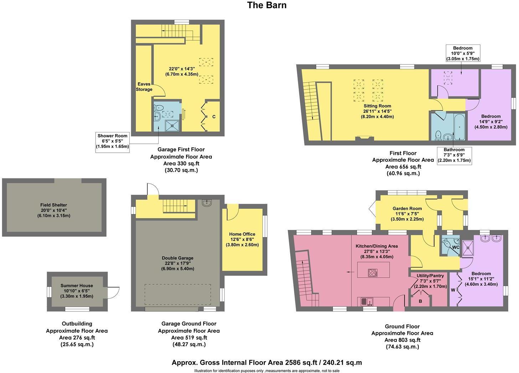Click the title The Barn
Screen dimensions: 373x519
click(x=267, y=5)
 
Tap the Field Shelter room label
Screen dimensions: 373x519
click(x=53, y=205)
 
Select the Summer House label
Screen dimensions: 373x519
click(x=77, y=285)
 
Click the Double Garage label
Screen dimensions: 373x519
click(x=178, y=258)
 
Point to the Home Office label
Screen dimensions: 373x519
click(x=242, y=234)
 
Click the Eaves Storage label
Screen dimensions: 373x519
click(x=144, y=87)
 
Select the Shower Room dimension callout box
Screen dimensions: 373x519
click(x=112, y=141)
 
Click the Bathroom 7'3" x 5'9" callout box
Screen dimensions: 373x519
click(x=454, y=155)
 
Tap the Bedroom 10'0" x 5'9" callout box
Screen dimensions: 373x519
click(x=463, y=53)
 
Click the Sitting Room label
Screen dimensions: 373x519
click(x=377, y=106)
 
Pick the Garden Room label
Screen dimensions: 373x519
click(x=407, y=209)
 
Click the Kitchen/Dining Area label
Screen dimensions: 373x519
click(x=376, y=246)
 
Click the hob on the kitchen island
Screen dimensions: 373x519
click(x=372, y=273)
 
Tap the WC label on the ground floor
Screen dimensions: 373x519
click(x=455, y=247)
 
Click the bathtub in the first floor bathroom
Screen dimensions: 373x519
click(x=459, y=127)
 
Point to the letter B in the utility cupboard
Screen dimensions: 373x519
click(x=420, y=301)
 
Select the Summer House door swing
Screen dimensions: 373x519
click(x=113, y=292)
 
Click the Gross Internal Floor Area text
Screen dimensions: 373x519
click(x=267, y=363)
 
